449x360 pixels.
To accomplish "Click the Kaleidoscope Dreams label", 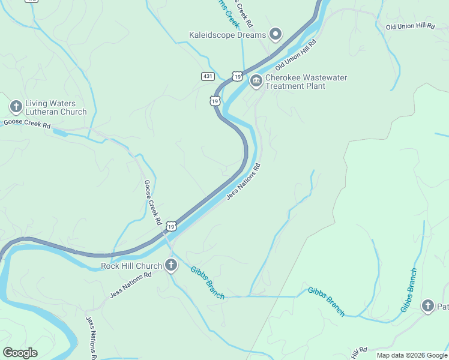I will click(x=227, y=35).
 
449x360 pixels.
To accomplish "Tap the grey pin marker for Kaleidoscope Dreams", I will click(x=276, y=34).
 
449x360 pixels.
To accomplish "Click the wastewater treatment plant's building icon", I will click(x=256, y=80).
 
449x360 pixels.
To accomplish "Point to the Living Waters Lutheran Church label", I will click(x=56, y=107).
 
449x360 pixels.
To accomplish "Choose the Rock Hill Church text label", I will click(x=131, y=266).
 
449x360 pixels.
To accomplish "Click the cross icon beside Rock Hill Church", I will click(x=171, y=265).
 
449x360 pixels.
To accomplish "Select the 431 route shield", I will click(x=208, y=76).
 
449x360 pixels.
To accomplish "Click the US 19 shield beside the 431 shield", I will click(x=237, y=77).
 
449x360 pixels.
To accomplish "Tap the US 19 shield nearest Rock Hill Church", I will click(x=172, y=226).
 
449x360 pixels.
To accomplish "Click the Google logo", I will click(x=20, y=353).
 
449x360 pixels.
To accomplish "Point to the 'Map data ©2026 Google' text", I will click(x=411, y=355).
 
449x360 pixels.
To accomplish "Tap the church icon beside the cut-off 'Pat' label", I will click(x=427, y=306).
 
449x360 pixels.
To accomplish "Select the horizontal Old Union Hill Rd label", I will click(x=410, y=27).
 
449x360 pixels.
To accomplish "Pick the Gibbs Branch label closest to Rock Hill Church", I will click(x=208, y=282).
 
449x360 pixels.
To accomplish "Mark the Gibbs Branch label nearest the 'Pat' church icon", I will click(x=409, y=290).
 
